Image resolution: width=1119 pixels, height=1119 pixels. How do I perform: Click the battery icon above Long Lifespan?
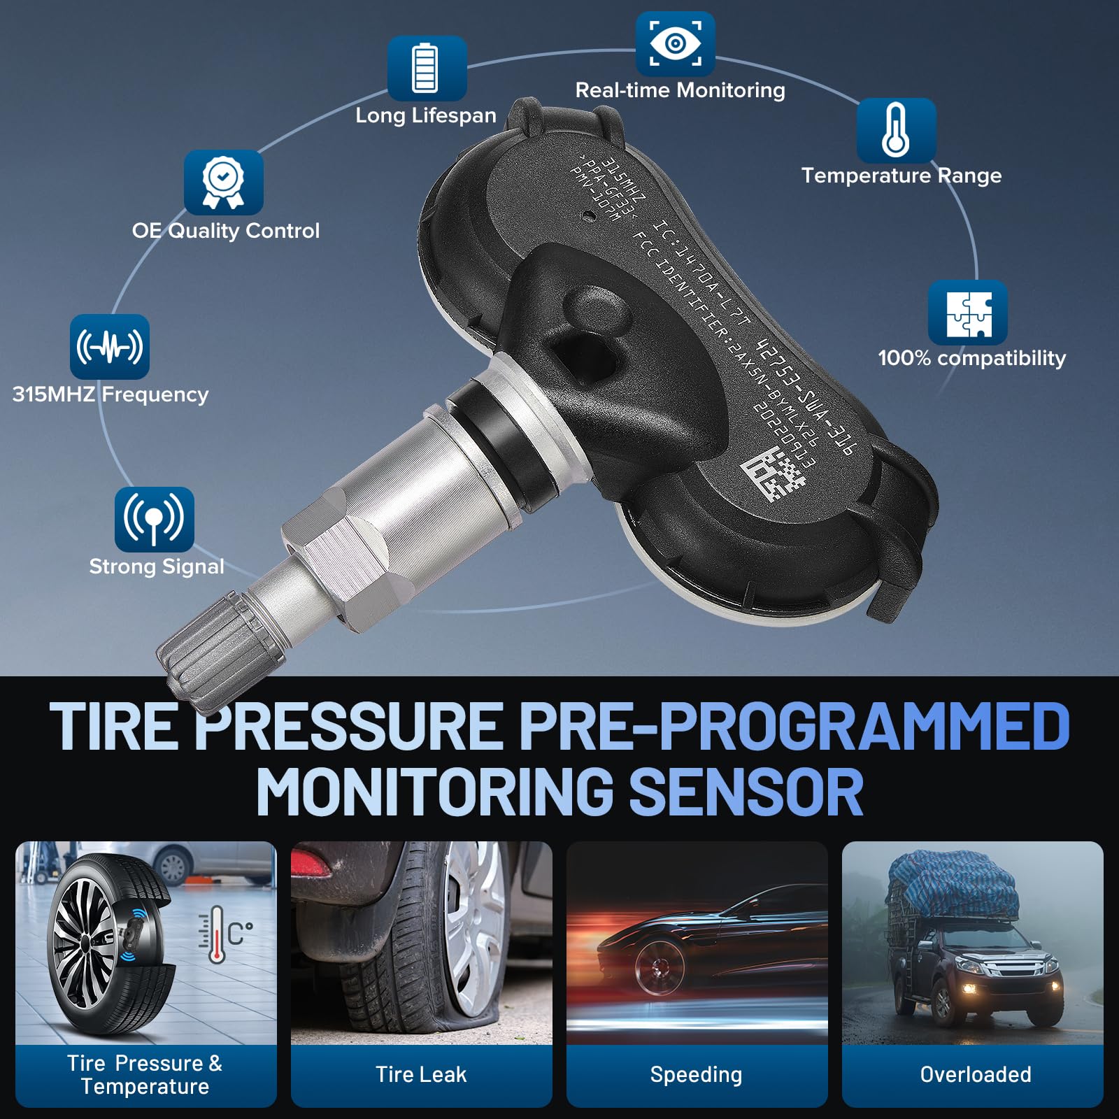427,68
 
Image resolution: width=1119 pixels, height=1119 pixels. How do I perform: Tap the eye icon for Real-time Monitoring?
675,43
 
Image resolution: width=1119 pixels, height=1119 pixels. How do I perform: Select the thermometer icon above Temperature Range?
896,130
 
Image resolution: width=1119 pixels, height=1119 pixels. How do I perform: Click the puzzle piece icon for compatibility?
968,313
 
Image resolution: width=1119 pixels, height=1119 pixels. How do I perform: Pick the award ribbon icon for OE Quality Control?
223,183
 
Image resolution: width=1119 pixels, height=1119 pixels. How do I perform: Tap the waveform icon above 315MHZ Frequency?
110,346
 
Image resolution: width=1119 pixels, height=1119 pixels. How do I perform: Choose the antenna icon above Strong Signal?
154,519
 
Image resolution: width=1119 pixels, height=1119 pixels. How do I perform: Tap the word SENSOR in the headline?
746,792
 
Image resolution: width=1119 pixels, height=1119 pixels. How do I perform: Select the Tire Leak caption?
421,1074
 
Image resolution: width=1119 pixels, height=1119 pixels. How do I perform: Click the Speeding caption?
696,1074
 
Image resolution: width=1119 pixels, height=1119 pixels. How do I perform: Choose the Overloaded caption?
975,1074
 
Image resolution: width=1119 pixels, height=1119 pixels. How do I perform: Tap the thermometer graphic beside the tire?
218,934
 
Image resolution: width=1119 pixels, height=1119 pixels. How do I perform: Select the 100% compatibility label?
971,358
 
